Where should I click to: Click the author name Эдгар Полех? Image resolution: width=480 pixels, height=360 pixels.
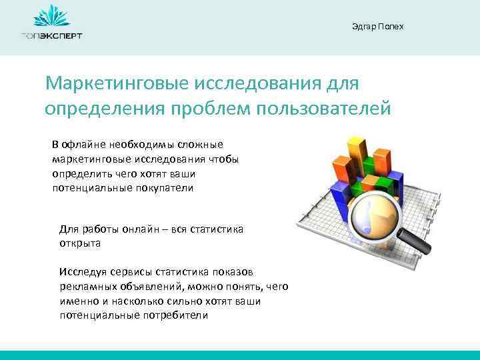[x=377, y=27]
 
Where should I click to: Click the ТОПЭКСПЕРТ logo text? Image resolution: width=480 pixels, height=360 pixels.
[x=51, y=36]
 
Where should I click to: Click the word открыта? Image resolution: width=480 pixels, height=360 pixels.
[x=79, y=243]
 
